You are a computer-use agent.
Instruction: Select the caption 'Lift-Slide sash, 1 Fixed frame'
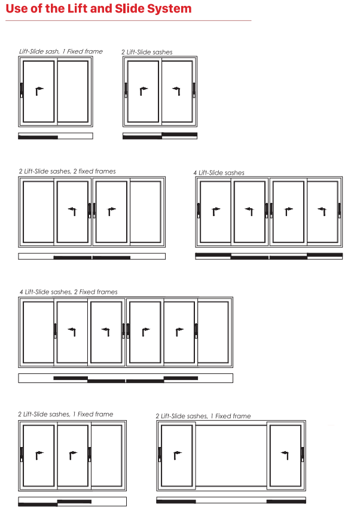point(61,51)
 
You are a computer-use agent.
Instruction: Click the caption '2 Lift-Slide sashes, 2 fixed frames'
point(68,171)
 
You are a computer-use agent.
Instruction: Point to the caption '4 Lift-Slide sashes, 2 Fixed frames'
point(68,292)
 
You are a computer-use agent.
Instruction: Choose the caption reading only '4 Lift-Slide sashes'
point(219,173)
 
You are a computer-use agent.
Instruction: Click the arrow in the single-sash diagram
point(39,91)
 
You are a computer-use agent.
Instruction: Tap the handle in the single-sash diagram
point(22,90)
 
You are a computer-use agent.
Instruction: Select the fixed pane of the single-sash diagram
point(73,91)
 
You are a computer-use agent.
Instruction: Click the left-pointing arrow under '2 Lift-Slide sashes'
point(176,91)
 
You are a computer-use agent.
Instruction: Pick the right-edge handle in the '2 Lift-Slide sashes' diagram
point(194,90)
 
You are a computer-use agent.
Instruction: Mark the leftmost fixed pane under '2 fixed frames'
point(38,212)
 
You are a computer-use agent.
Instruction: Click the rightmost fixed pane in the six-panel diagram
point(213,332)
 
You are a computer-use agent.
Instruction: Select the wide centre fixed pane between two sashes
point(231,455)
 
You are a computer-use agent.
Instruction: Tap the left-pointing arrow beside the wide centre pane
point(285,455)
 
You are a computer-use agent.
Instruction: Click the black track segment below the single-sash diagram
point(38,138)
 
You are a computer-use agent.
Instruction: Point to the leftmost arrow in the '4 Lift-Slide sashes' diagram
point(216,211)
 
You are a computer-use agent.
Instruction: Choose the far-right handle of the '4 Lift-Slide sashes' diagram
point(339,211)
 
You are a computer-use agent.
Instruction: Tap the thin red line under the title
point(129,21)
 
